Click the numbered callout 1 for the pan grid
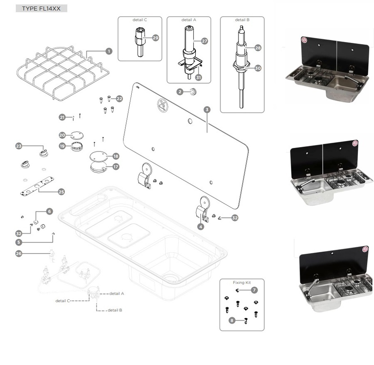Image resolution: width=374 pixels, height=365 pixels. [x=109, y=51]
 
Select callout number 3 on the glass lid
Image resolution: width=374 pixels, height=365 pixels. [x=207, y=109]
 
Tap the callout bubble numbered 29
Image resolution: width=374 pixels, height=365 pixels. [x=155, y=38]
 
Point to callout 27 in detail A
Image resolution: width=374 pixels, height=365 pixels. [x=204, y=41]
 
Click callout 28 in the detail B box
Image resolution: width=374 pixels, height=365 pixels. [x=258, y=48]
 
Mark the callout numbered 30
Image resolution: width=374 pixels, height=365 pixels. [x=258, y=68]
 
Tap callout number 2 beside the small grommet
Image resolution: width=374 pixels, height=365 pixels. [x=180, y=92]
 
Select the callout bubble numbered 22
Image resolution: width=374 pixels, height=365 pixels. [x=120, y=99]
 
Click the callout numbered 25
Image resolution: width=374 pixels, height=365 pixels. [x=61, y=192]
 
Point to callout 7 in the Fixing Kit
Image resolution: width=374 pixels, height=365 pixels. [x=254, y=290]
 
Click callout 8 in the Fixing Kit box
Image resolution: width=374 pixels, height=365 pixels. [x=232, y=320]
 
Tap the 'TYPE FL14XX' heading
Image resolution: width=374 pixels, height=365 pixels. [x=41, y=8]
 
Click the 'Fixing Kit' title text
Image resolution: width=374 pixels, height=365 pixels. [x=242, y=283]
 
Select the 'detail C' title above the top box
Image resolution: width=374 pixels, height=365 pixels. [x=140, y=20]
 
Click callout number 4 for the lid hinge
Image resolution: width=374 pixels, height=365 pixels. [x=201, y=227]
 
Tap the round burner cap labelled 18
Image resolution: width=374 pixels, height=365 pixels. [x=98, y=156]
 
